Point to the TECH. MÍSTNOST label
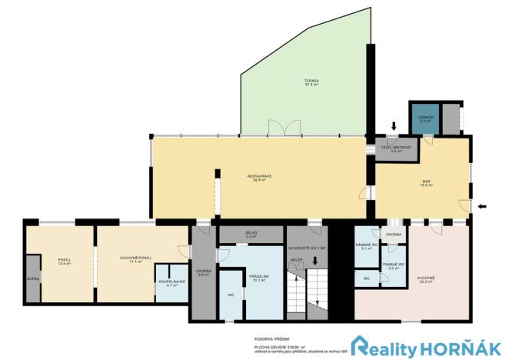click(397, 148)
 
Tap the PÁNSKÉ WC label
click(394, 266)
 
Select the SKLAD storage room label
click(251, 234)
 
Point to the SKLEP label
click(297, 261)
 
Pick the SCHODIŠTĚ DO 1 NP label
click(307, 248)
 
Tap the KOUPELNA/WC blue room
click(168, 284)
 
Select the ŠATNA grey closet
click(33, 278)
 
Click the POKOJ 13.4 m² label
click(64, 261)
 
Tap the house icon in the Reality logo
click(363, 345)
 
